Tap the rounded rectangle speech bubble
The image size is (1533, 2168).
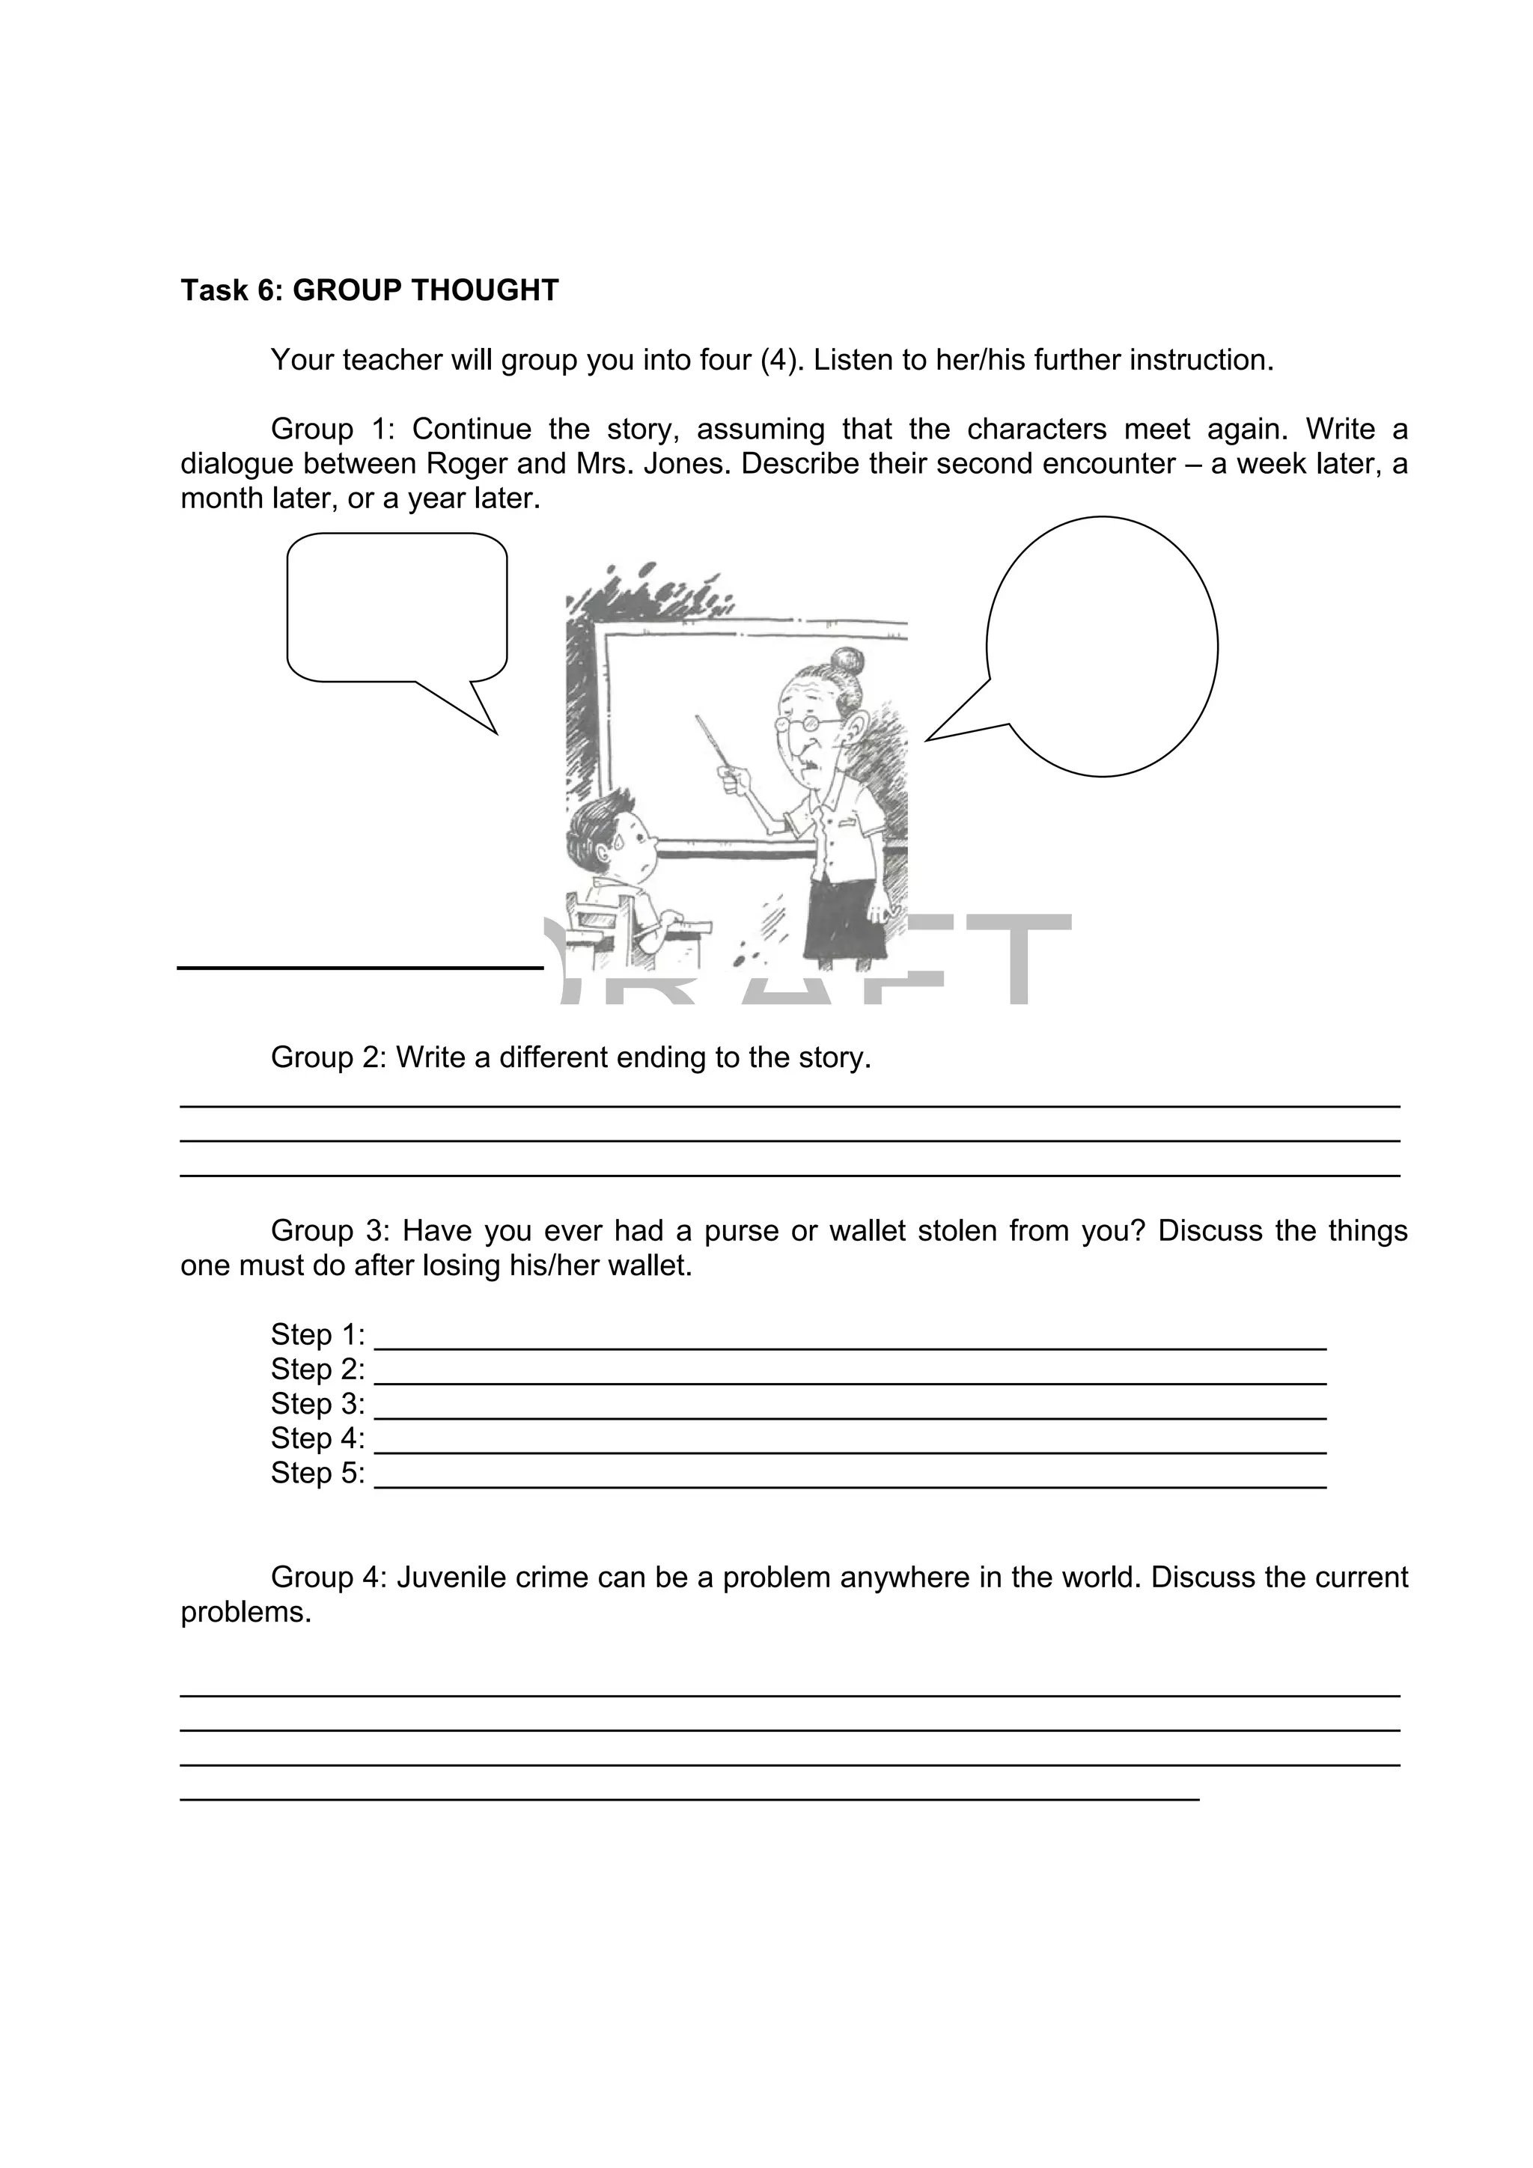tap(397, 606)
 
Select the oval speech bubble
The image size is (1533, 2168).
tap(1103, 646)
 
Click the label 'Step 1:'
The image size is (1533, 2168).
tap(317, 1335)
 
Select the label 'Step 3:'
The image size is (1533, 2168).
tap(317, 1404)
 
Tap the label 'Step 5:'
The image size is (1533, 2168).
tap(317, 1473)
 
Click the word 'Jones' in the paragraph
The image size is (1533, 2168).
tap(683, 464)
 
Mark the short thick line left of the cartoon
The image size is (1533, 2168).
tap(360, 967)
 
